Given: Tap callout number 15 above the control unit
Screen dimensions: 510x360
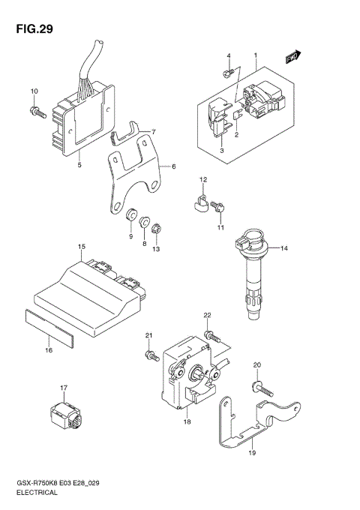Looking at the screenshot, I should (x=80, y=246).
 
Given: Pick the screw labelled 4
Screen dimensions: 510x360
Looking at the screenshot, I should (x=227, y=73).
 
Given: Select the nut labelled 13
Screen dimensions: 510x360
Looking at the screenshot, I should (x=155, y=229).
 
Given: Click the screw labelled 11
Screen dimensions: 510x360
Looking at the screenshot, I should (x=219, y=205).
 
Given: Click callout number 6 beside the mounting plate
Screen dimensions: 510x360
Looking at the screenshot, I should (x=173, y=166).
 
